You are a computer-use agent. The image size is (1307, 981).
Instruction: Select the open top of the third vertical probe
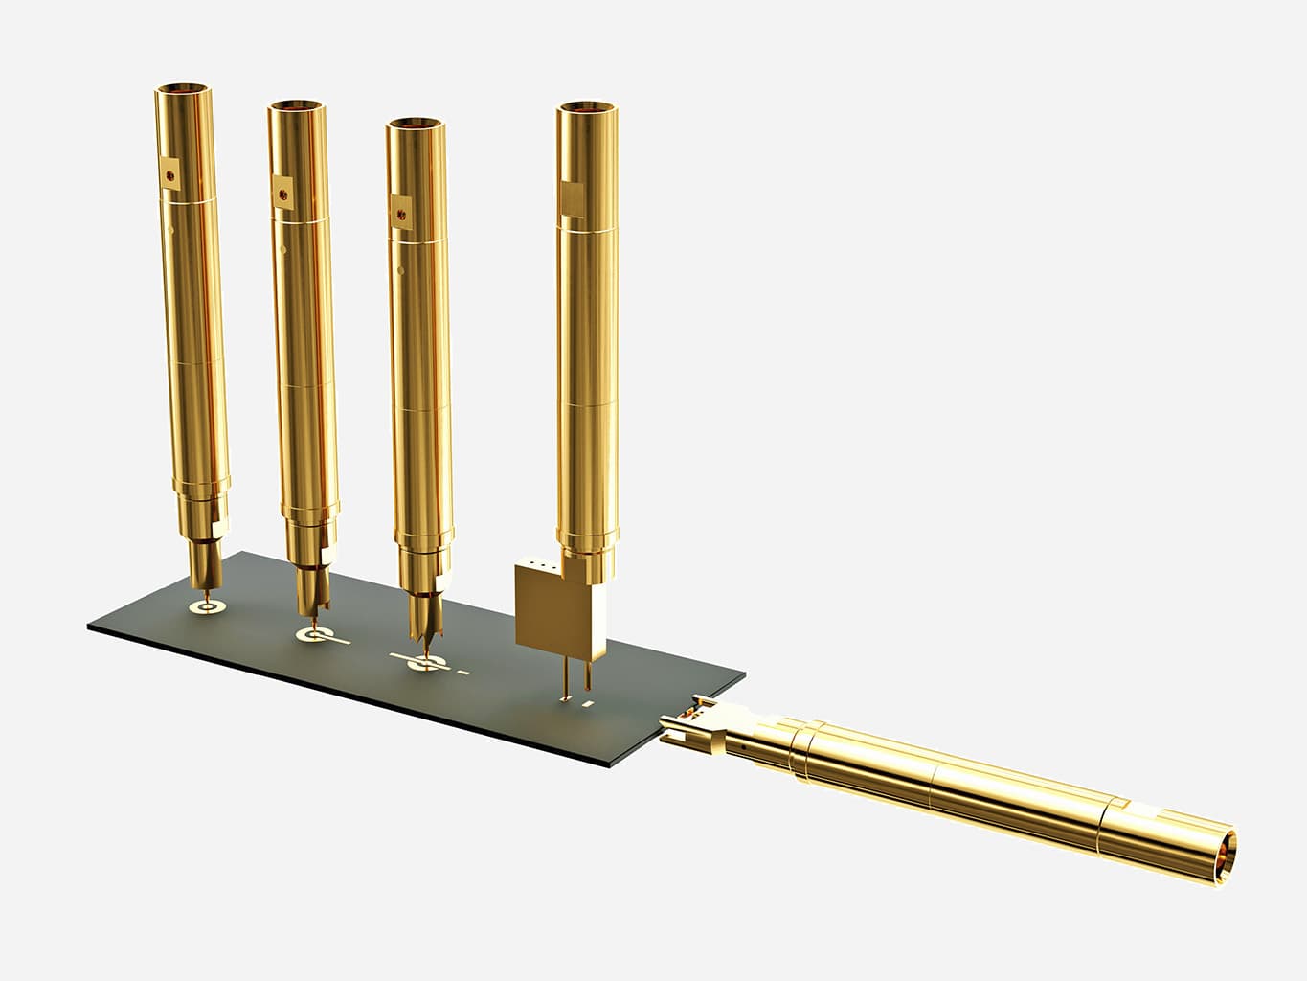416,125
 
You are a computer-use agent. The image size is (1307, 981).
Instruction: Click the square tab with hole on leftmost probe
170,176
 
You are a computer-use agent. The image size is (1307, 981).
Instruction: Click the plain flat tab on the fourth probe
572,200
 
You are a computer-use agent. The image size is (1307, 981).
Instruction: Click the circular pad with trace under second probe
310,634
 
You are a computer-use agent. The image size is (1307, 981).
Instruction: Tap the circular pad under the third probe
422,664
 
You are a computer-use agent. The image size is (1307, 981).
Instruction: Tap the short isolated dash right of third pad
464,673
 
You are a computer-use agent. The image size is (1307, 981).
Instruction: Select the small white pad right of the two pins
590,706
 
